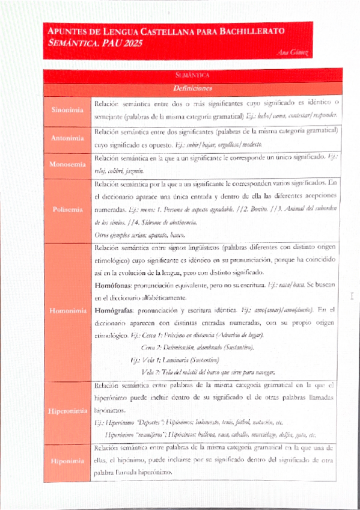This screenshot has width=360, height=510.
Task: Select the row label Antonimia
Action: (67, 138)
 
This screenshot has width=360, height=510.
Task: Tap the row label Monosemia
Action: (67, 163)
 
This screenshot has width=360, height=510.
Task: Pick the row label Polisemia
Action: (67, 209)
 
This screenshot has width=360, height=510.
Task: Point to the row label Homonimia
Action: (67, 311)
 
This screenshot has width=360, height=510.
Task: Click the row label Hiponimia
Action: (67, 462)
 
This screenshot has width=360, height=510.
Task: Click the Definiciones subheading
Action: (192, 88)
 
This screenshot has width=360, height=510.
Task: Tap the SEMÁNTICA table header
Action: (192, 75)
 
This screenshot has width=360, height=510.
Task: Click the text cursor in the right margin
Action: (353, 296)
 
